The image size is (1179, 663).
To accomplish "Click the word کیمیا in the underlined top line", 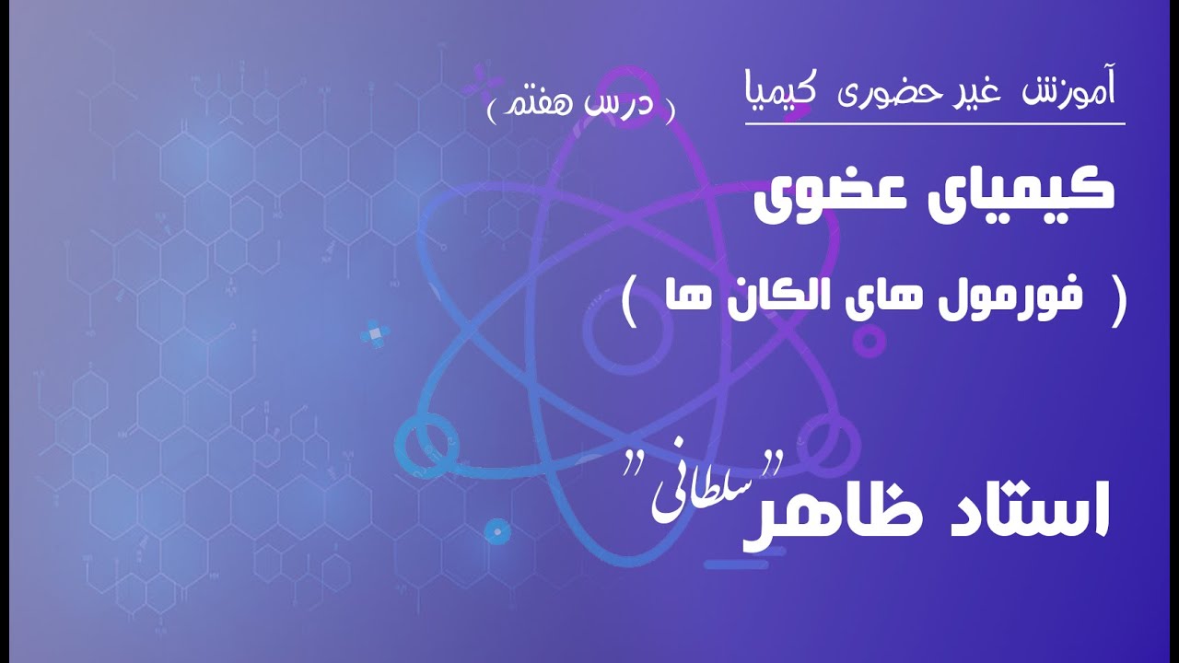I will (780, 91).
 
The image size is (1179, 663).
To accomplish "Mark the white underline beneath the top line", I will (934, 122).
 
